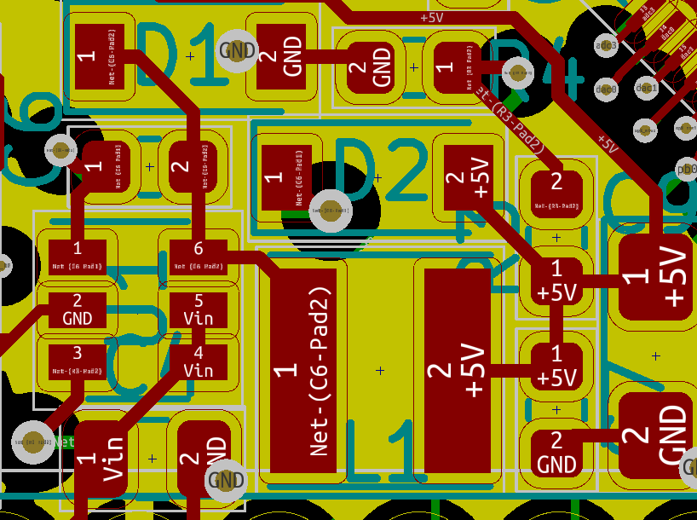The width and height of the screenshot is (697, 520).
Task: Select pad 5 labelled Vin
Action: pyautogui.click(x=199, y=309)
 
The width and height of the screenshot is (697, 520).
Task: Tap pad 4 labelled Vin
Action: pyautogui.click(x=199, y=361)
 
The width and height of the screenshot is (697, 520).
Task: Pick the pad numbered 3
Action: pyautogui.click(x=78, y=361)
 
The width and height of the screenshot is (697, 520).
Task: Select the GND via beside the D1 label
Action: pyautogui.click(x=237, y=50)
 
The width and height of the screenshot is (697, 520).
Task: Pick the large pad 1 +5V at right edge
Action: pyautogui.click(x=657, y=277)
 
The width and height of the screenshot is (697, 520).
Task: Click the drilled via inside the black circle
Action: pyautogui.click(x=330, y=210)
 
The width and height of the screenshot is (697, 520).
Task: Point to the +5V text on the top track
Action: pyautogui.click(x=432, y=17)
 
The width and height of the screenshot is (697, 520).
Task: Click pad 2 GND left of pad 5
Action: pyautogui.click(x=78, y=309)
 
